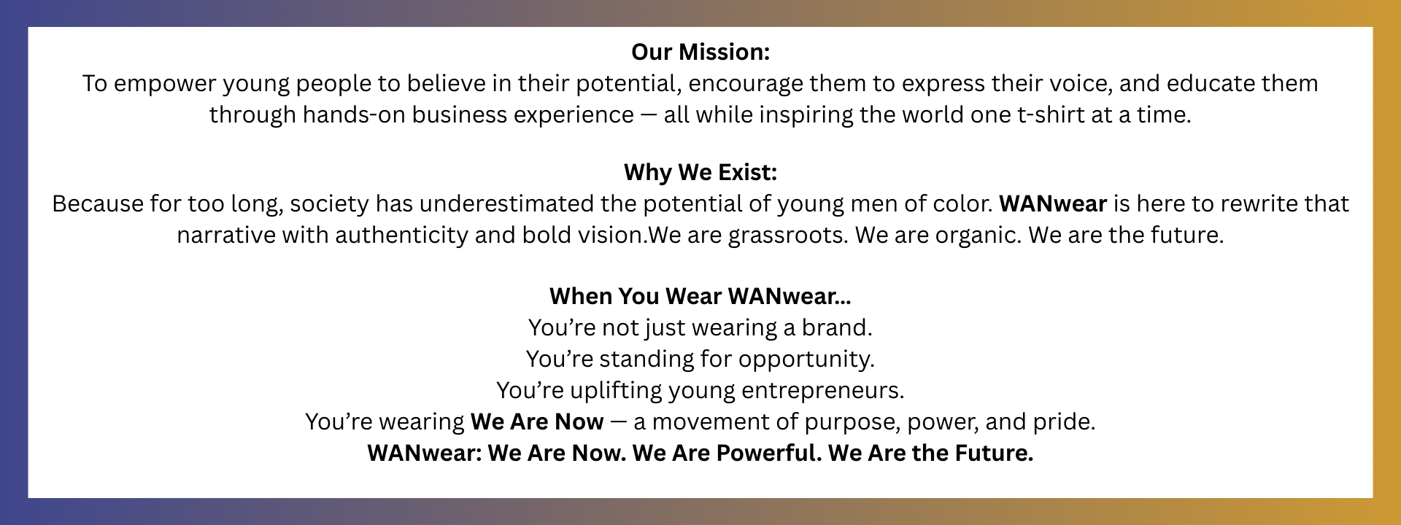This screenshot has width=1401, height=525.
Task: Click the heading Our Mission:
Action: click(x=700, y=52)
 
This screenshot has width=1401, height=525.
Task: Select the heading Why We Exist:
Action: click(x=700, y=172)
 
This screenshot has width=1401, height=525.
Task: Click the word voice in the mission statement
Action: click(x=1078, y=83)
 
